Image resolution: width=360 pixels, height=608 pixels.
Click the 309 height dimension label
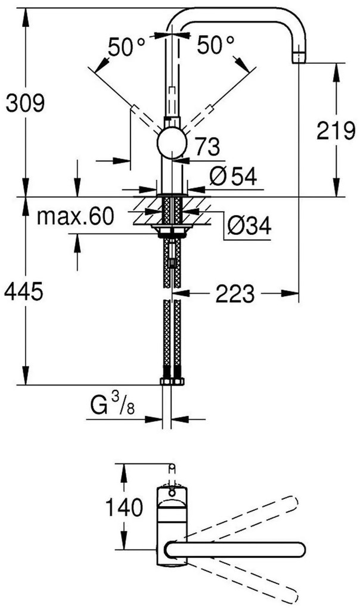pos(25,105)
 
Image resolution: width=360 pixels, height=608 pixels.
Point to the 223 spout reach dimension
pos(235,293)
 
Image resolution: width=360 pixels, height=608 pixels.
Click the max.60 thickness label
pos(74,216)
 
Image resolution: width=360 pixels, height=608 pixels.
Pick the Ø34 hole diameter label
pos(249,225)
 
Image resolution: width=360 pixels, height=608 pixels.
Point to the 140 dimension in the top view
pos(123,508)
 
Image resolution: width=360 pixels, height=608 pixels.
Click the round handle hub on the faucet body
pos(172,143)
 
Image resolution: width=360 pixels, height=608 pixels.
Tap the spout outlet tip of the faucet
pos(297,58)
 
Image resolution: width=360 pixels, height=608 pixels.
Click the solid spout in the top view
pos(238,549)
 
